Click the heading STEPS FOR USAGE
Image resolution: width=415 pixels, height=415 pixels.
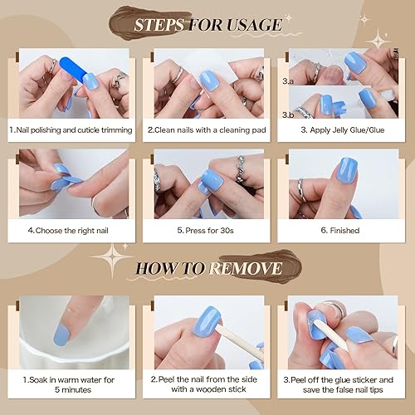(207, 24)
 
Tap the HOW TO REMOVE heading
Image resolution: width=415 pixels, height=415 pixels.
(207, 269)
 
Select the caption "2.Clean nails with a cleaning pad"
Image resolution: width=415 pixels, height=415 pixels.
(207, 130)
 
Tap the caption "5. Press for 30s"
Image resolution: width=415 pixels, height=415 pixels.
(207, 231)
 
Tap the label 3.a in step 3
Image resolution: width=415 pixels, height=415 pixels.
(287, 81)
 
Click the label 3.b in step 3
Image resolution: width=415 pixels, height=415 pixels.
(287, 114)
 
